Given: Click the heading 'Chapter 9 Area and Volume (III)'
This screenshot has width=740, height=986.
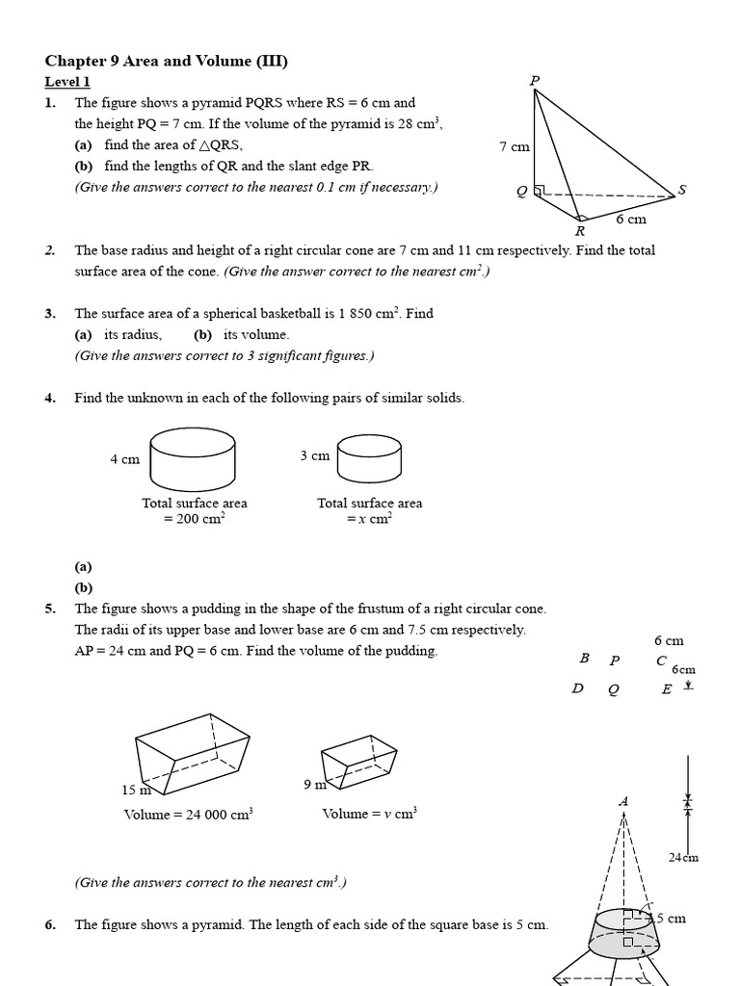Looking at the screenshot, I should tap(167, 62).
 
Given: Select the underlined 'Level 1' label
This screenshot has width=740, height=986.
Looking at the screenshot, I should tap(67, 83).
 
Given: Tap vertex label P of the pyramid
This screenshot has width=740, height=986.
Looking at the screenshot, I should tap(535, 80).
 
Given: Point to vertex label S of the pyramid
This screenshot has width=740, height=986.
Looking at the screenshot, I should tap(682, 190).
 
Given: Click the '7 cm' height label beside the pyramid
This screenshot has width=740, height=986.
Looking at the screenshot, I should tap(515, 147).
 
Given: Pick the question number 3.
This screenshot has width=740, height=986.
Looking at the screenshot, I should tap(50, 313).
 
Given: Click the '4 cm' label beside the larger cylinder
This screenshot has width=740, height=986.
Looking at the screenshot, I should tap(124, 459).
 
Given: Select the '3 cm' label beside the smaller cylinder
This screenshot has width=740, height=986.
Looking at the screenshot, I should tap(314, 455).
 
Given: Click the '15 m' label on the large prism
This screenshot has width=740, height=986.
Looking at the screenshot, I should tap(136, 790).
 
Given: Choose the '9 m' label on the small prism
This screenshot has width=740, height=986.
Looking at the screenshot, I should tap(314, 785).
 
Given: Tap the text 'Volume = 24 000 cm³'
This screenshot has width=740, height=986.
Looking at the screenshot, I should tap(188, 815).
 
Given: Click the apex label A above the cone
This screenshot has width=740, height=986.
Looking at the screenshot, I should tap(622, 801).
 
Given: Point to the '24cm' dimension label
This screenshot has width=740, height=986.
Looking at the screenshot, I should tap(683, 857).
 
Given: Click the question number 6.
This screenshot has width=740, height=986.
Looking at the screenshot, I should tap(50, 925).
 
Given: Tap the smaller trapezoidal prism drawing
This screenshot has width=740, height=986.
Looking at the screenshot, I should tap(357, 759).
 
